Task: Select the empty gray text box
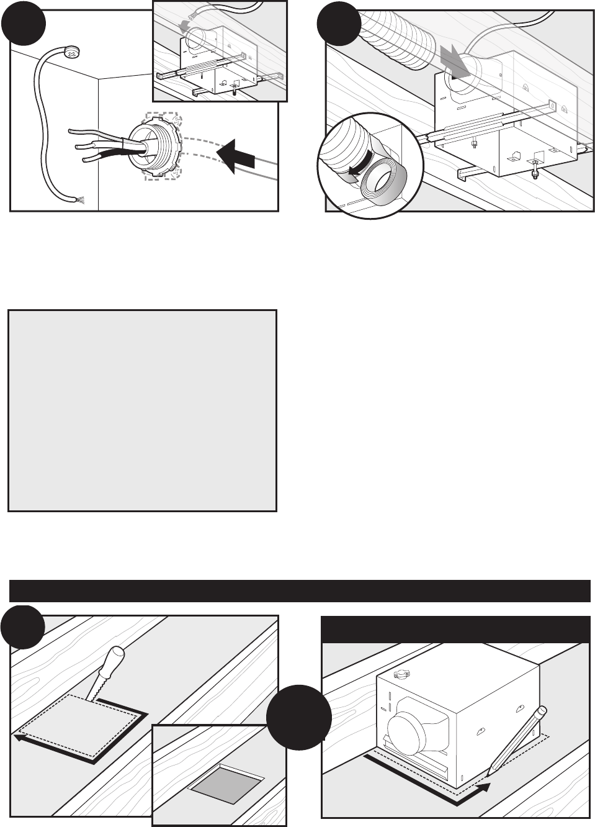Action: pos(142,410)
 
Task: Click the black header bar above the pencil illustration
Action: pos(455,630)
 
